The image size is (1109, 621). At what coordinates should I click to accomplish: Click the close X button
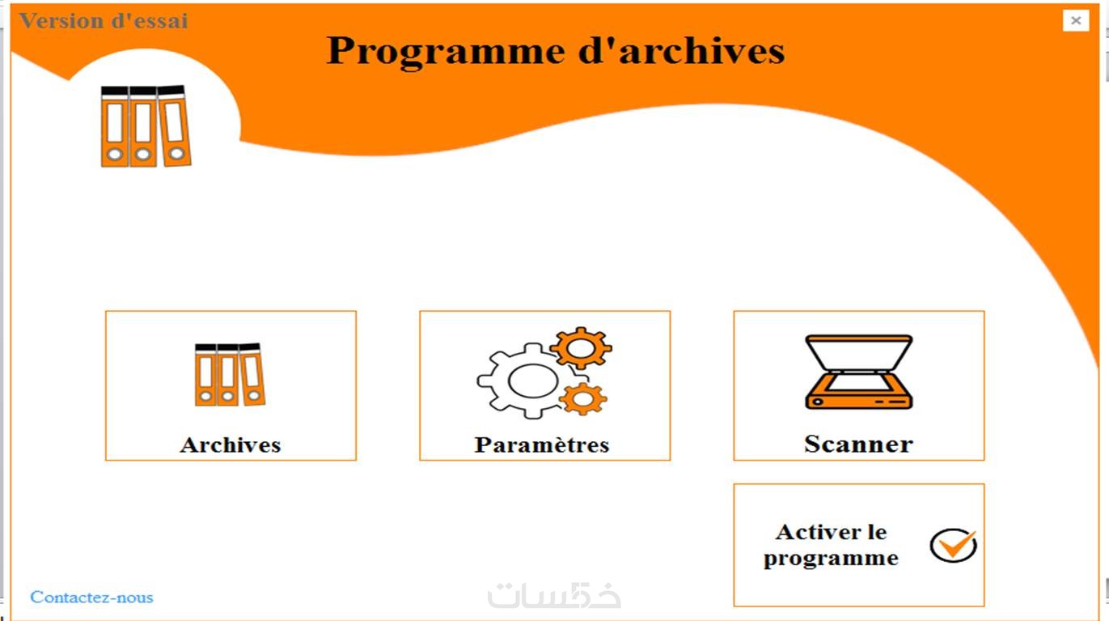pyautogui.click(x=1075, y=20)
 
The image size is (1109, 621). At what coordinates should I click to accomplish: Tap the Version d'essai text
pyautogui.click(x=104, y=21)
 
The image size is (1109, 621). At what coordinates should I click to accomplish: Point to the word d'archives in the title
pyautogui.click(x=682, y=50)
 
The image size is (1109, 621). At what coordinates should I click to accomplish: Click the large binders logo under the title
pyautogui.click(x=146, y=125)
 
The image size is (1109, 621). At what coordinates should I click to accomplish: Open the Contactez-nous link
pyautogui.click(x=91, y=598)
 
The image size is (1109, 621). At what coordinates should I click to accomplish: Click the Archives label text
pyautogui.click(x=231, y=444)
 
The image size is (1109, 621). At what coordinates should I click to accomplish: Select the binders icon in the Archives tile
pyautogui.click(x=230, y=375)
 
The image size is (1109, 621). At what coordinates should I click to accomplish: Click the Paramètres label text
pyautogui.click(x=542, y=444)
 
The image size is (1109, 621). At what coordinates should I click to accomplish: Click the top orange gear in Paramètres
pyautogui.click(x=582, y=348)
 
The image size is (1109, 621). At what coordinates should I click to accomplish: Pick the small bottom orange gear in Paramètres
pyautogui.click(x=583, y=399)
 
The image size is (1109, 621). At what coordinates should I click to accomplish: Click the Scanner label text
pyautogui.click(x=858, y=444)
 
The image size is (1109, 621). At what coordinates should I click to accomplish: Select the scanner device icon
pyautogui.click(x=859, y=372)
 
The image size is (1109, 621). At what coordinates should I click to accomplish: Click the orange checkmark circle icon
pyautogui.click(x=953, y=545)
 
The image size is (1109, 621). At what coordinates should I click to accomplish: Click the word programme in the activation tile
pyautogui.click(x=831, y=559)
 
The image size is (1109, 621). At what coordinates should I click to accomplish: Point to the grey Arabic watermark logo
pyautogui.click(x=555, y=595)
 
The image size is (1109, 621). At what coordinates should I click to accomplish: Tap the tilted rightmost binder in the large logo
pyautogui.click(x=174, y=125)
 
